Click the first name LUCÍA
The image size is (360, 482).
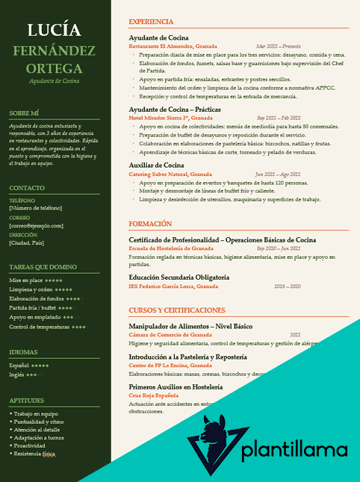(55, 30)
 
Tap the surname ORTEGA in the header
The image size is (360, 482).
(55, 69)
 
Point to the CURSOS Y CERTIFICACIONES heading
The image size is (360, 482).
(176, 310)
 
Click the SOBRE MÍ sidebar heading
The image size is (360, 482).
(25, 113)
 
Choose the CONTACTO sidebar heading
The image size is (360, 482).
(27, 188)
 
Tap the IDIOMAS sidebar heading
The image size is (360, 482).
(24, 351)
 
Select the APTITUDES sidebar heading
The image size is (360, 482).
(26, 401)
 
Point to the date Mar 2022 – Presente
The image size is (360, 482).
(278, 46)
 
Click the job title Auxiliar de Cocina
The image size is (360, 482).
(156, 164)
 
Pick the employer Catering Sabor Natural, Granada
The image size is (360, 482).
(170, 174)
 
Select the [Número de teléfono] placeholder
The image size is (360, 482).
(35, 207)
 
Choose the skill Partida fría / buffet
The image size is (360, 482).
(33, 307)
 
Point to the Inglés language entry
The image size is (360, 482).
(16, 375)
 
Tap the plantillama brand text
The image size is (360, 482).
(295, 451)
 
